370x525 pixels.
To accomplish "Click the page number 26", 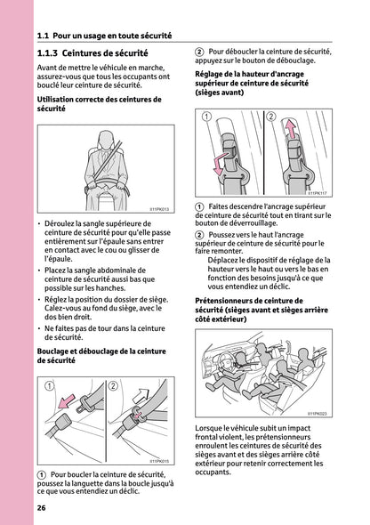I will pos(42,508).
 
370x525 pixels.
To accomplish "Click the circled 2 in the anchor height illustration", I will pos(272,117).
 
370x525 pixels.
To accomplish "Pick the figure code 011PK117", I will pos(317,191).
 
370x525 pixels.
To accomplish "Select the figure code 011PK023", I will pos(317,413).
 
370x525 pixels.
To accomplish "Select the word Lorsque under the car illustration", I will pos(212,429).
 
